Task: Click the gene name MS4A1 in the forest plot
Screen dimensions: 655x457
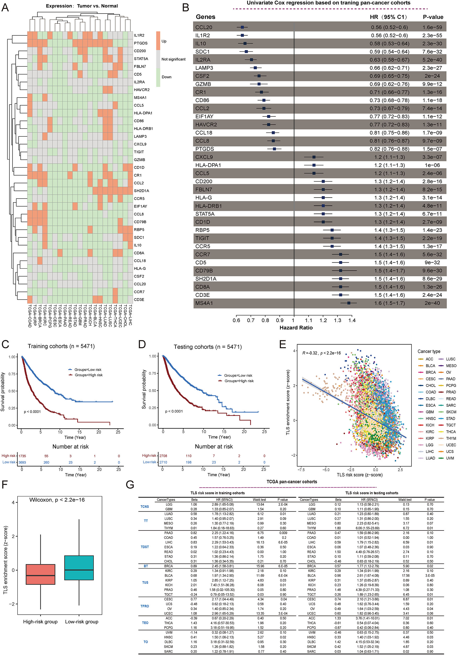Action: click(x=204, y=303)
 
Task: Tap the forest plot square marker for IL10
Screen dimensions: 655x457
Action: click(x=245, y=43)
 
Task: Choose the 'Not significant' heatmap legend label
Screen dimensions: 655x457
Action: click(x=173, y=59)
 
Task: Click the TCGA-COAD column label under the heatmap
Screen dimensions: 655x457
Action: click(x=30, y=316)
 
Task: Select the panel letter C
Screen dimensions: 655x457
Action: click(x=5, y=344)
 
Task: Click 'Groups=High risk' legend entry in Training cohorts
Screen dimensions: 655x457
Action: click(x=89, y=375)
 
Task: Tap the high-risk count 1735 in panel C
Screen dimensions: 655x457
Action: click(x=22, y=456)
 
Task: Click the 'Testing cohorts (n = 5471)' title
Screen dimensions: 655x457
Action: click(x=207, y=347)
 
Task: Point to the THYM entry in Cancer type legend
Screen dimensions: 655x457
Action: click(x=451, y=438)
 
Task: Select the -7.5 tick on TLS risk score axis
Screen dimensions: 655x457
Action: click(x=300, y=470)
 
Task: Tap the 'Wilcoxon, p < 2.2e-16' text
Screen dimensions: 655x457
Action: click(x=57, y=499)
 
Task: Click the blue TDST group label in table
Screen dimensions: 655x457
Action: click(x=145, y=547)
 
